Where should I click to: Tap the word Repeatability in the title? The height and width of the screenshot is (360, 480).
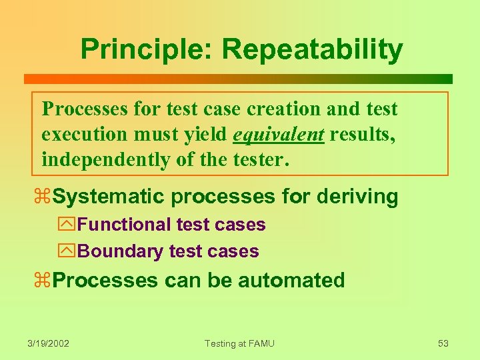(x=312, y=49)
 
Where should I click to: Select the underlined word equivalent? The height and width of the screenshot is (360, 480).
(x=278, y=135)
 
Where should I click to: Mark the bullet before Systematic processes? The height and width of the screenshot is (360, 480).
(x=46, y=197)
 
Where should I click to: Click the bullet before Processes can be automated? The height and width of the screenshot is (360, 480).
(x=46, y=281)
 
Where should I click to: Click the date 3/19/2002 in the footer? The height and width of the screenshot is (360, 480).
(x=49, y=343)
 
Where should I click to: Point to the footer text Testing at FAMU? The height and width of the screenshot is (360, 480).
(x=239, y=343)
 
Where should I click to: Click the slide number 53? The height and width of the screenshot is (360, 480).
(x=443, y=343)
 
